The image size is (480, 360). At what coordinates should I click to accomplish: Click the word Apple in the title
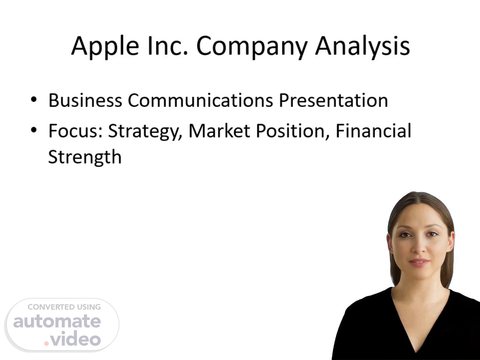(105, 47)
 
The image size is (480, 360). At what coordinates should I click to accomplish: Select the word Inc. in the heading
(168, 46)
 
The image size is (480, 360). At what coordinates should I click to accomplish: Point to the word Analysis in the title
(363, 47)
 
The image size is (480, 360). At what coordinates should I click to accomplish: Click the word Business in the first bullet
(85, 100)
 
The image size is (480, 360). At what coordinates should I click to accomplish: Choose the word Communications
(200, 100)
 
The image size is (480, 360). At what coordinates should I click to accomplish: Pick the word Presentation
(333, 100)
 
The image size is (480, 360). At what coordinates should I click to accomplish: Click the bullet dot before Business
(34, 100)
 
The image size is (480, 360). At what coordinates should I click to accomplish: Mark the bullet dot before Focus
(34, 130)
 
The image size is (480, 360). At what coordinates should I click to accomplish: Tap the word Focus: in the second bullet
(75, 131)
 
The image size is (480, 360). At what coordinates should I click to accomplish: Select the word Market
(219, 131)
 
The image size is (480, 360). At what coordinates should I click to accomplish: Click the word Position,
(293, 131)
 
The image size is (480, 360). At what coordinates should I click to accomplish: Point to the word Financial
(374, 131)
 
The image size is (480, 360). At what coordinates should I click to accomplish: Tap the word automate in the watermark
(57, 321)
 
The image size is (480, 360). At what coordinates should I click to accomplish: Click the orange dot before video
(46, 343)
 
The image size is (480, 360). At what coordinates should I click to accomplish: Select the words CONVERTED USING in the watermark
(64, 307)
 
